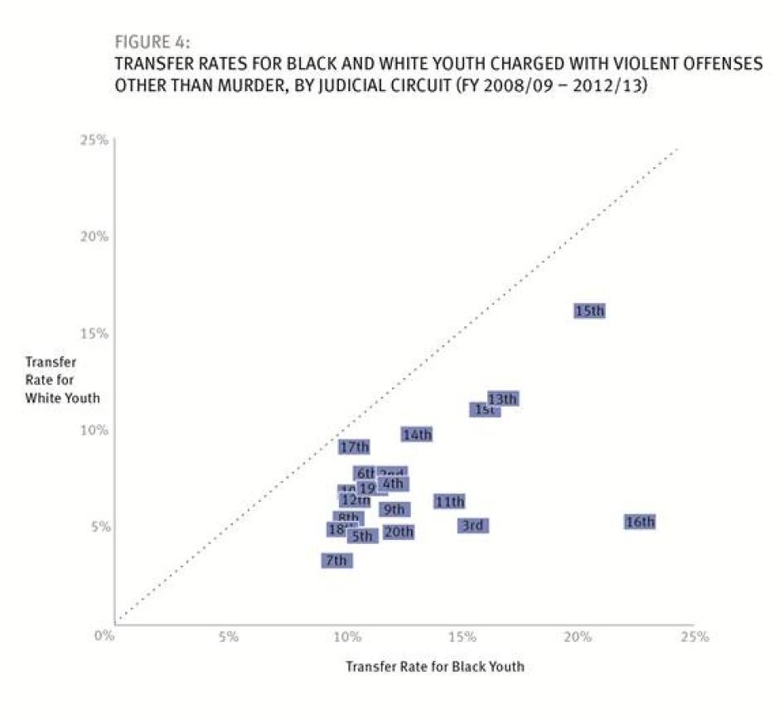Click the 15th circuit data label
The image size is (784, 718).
click(589, 311)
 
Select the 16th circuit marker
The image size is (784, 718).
click(640, 523)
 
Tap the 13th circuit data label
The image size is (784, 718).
click(503, 399)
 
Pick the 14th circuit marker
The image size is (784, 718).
click(417, 435)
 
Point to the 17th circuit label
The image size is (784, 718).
click(354, 447)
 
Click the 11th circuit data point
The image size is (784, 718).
click(449, 502)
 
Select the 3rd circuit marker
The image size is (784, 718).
click(472, 526)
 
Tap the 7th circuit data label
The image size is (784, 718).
click(336, 561)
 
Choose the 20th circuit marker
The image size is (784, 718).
click(399, 532)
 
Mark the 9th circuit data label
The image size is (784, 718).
click(394, 509)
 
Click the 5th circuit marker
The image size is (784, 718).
click(362, 537)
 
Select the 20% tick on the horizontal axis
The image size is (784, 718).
click(578, 637)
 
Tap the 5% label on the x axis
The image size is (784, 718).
click(229, 637)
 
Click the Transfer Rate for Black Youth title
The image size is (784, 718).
click(434, 666)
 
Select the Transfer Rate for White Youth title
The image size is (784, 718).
click(62, 380)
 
